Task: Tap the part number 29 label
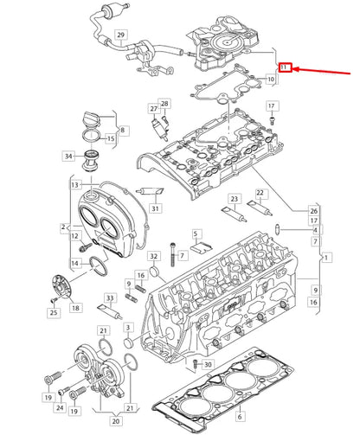(x=121, y=36)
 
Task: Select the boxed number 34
(x=67, y=157)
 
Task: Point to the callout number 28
(x=164, y=104)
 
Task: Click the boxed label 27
(x=153, y=108)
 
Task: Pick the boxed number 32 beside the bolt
(x=153, y=257)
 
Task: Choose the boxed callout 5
(x=196, y=234)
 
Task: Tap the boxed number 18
(x=75, y=308)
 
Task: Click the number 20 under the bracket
(x=114, y=420)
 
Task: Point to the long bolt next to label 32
(x=174, y=250)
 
